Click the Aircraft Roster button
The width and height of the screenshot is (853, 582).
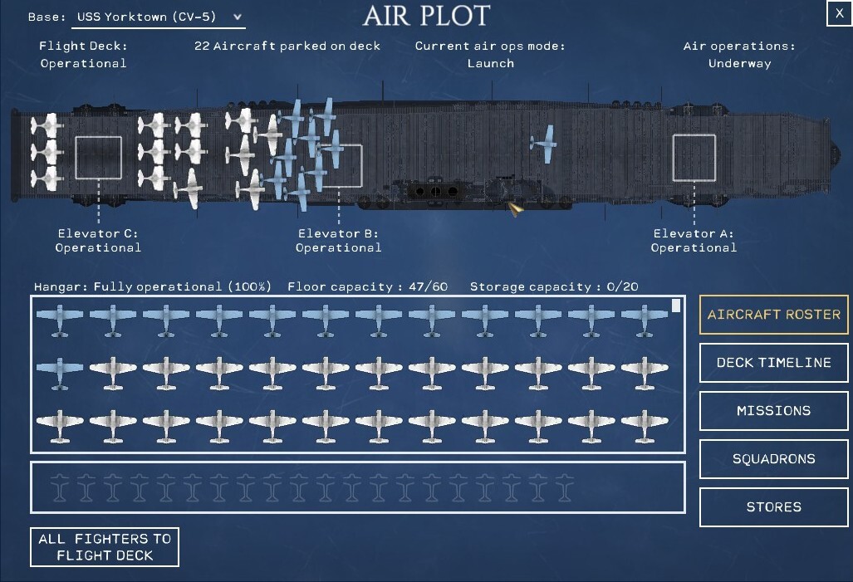(773, 315)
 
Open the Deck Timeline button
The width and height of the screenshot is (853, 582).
(773, 363)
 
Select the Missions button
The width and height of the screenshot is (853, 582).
(773, 411)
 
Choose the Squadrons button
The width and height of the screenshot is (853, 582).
(773, 459)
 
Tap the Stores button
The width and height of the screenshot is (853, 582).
(773, 507)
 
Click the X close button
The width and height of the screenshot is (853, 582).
(840, 13)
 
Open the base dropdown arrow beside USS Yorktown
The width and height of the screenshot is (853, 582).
(238, 17)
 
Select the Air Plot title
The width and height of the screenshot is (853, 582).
(427, 16)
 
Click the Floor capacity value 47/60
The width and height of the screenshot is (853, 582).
(428, 286)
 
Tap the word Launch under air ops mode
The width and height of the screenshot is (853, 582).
(491, 64)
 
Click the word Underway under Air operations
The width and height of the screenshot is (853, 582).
(740, 64)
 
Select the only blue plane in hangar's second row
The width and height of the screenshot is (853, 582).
(59, 373)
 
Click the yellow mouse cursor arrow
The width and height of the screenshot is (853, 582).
(515, 209)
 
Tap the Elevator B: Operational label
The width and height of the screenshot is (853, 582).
(338, 241)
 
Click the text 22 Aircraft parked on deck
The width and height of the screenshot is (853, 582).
(287, 46)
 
